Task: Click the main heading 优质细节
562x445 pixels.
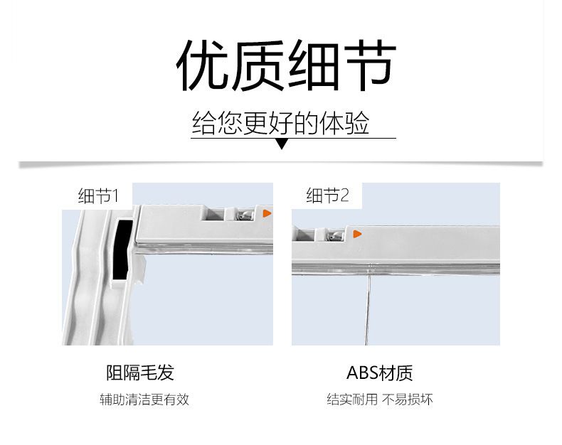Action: click(287, 65)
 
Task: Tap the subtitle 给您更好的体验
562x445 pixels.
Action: click(280, 123)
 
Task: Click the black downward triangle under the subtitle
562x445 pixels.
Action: click(282, 144)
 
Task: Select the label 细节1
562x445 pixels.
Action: click(98, 195)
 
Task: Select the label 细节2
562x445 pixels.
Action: click(327, 195)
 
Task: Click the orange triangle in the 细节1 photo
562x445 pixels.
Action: click(267, 213)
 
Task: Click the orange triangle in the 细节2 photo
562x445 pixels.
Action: click(357, 234)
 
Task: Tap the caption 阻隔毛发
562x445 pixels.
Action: click(140, 372)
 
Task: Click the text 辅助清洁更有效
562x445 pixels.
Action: click(144, 399)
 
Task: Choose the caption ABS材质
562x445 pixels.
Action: click(380, 372)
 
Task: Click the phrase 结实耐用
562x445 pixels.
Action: click(352, 399)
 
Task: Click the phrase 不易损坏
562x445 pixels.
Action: click(408, 399)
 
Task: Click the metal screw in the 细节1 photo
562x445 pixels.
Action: click(245, 215)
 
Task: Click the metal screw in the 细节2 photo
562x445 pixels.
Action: click(335, 235)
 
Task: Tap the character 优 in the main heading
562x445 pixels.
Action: click(203, 65)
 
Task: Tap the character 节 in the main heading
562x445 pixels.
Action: click(369, 65)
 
